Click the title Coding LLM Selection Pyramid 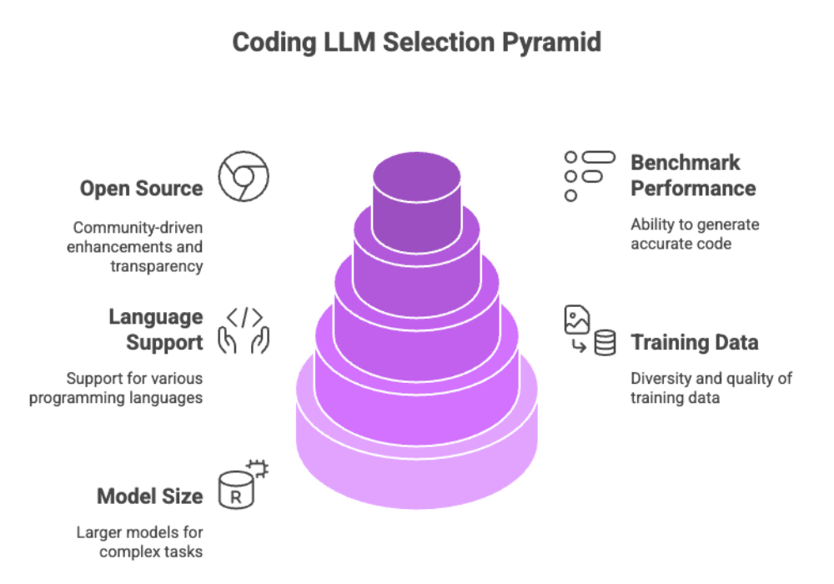tap(416, 43)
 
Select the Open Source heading tap(141, 189)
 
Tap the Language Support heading tap(155, 330)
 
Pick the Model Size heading tap(149, 496)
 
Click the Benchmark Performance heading tap(692, 175)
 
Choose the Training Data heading tap(695, 342)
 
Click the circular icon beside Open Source tap(244, 176)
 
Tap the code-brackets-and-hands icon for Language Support tap(244, 330)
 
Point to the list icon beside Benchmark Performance tap(589, 175)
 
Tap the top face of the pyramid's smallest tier tap(416, 177)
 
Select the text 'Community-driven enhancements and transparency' tap(138, 247)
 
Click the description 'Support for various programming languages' tap(116, 388)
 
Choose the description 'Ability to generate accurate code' tap(695, 234)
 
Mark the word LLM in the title tap(349, 43)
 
